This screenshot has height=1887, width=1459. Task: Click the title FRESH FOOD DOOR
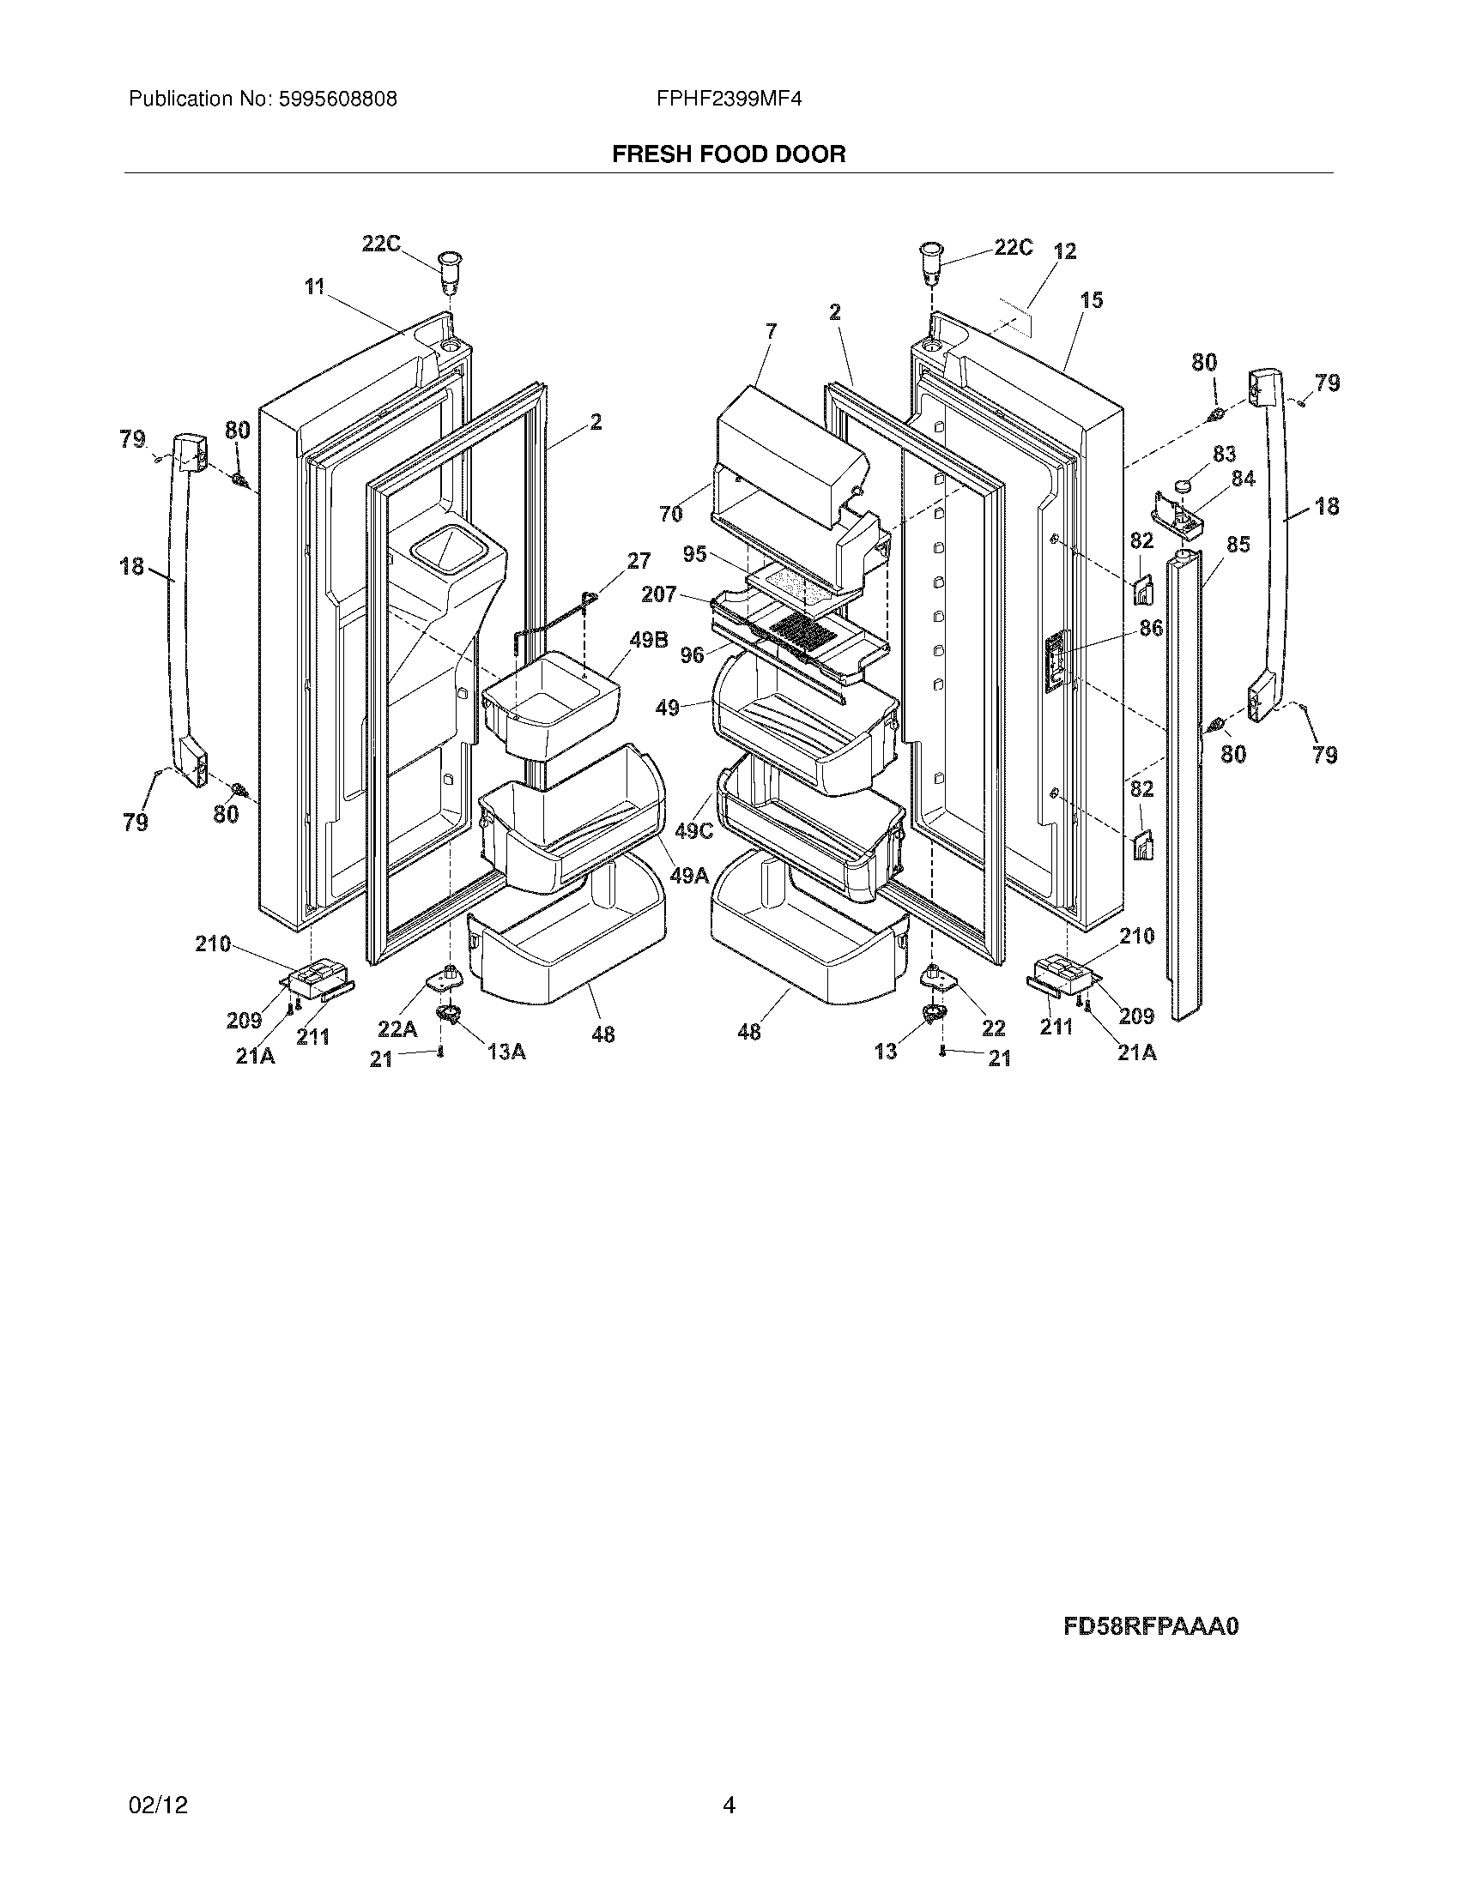click(729, 154)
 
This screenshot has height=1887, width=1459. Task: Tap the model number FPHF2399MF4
click(729, 99)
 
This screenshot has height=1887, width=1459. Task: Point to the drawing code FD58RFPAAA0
click(1150, 1627)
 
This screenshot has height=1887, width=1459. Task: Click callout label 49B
click(649, 641)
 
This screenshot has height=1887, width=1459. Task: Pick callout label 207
click(659, 594)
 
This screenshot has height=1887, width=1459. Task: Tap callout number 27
click(639, 561)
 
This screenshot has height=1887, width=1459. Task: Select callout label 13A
click(506, 1052)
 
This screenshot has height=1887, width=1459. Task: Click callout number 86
click(1150, 627)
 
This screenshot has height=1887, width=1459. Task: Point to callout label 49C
click(694, 831)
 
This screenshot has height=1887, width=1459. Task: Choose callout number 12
click(1065, 251)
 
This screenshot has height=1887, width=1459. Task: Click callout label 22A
click(397, 1029)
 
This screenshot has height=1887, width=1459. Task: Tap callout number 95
click(695, 554)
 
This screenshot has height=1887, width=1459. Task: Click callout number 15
click(1092, 301)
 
